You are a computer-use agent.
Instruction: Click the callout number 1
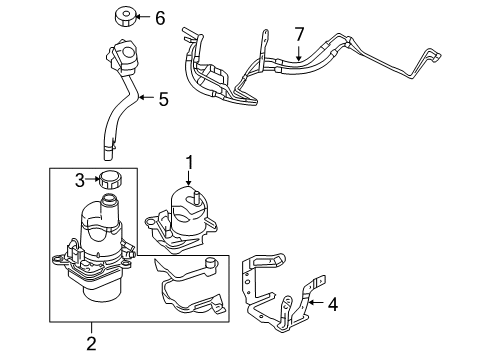pyautogui.click(x=185, y=159)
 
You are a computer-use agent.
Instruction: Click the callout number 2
pyautogui.click(x=90, y=344)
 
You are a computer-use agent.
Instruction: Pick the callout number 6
pyautogui.click(x=159, y=17)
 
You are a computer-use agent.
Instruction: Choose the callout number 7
pyautogui.click(x=297, y=36)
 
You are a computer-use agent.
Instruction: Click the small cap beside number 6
pyautogui.click(x=127, y=16)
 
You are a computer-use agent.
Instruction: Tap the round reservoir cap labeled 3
pyautogui.click(x=108, y=182)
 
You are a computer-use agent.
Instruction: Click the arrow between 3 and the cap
pyautogui.click(x=95, y=179)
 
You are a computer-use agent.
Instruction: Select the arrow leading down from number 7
pyautogui.click(x=297, y=53)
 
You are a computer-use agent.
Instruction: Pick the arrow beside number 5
pyautogui.click(x=146, y=98)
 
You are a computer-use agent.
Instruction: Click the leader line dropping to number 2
pyautogui.click(x=90, y=328)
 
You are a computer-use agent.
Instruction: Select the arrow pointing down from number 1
pyautogui.click(x=185, y=175)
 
